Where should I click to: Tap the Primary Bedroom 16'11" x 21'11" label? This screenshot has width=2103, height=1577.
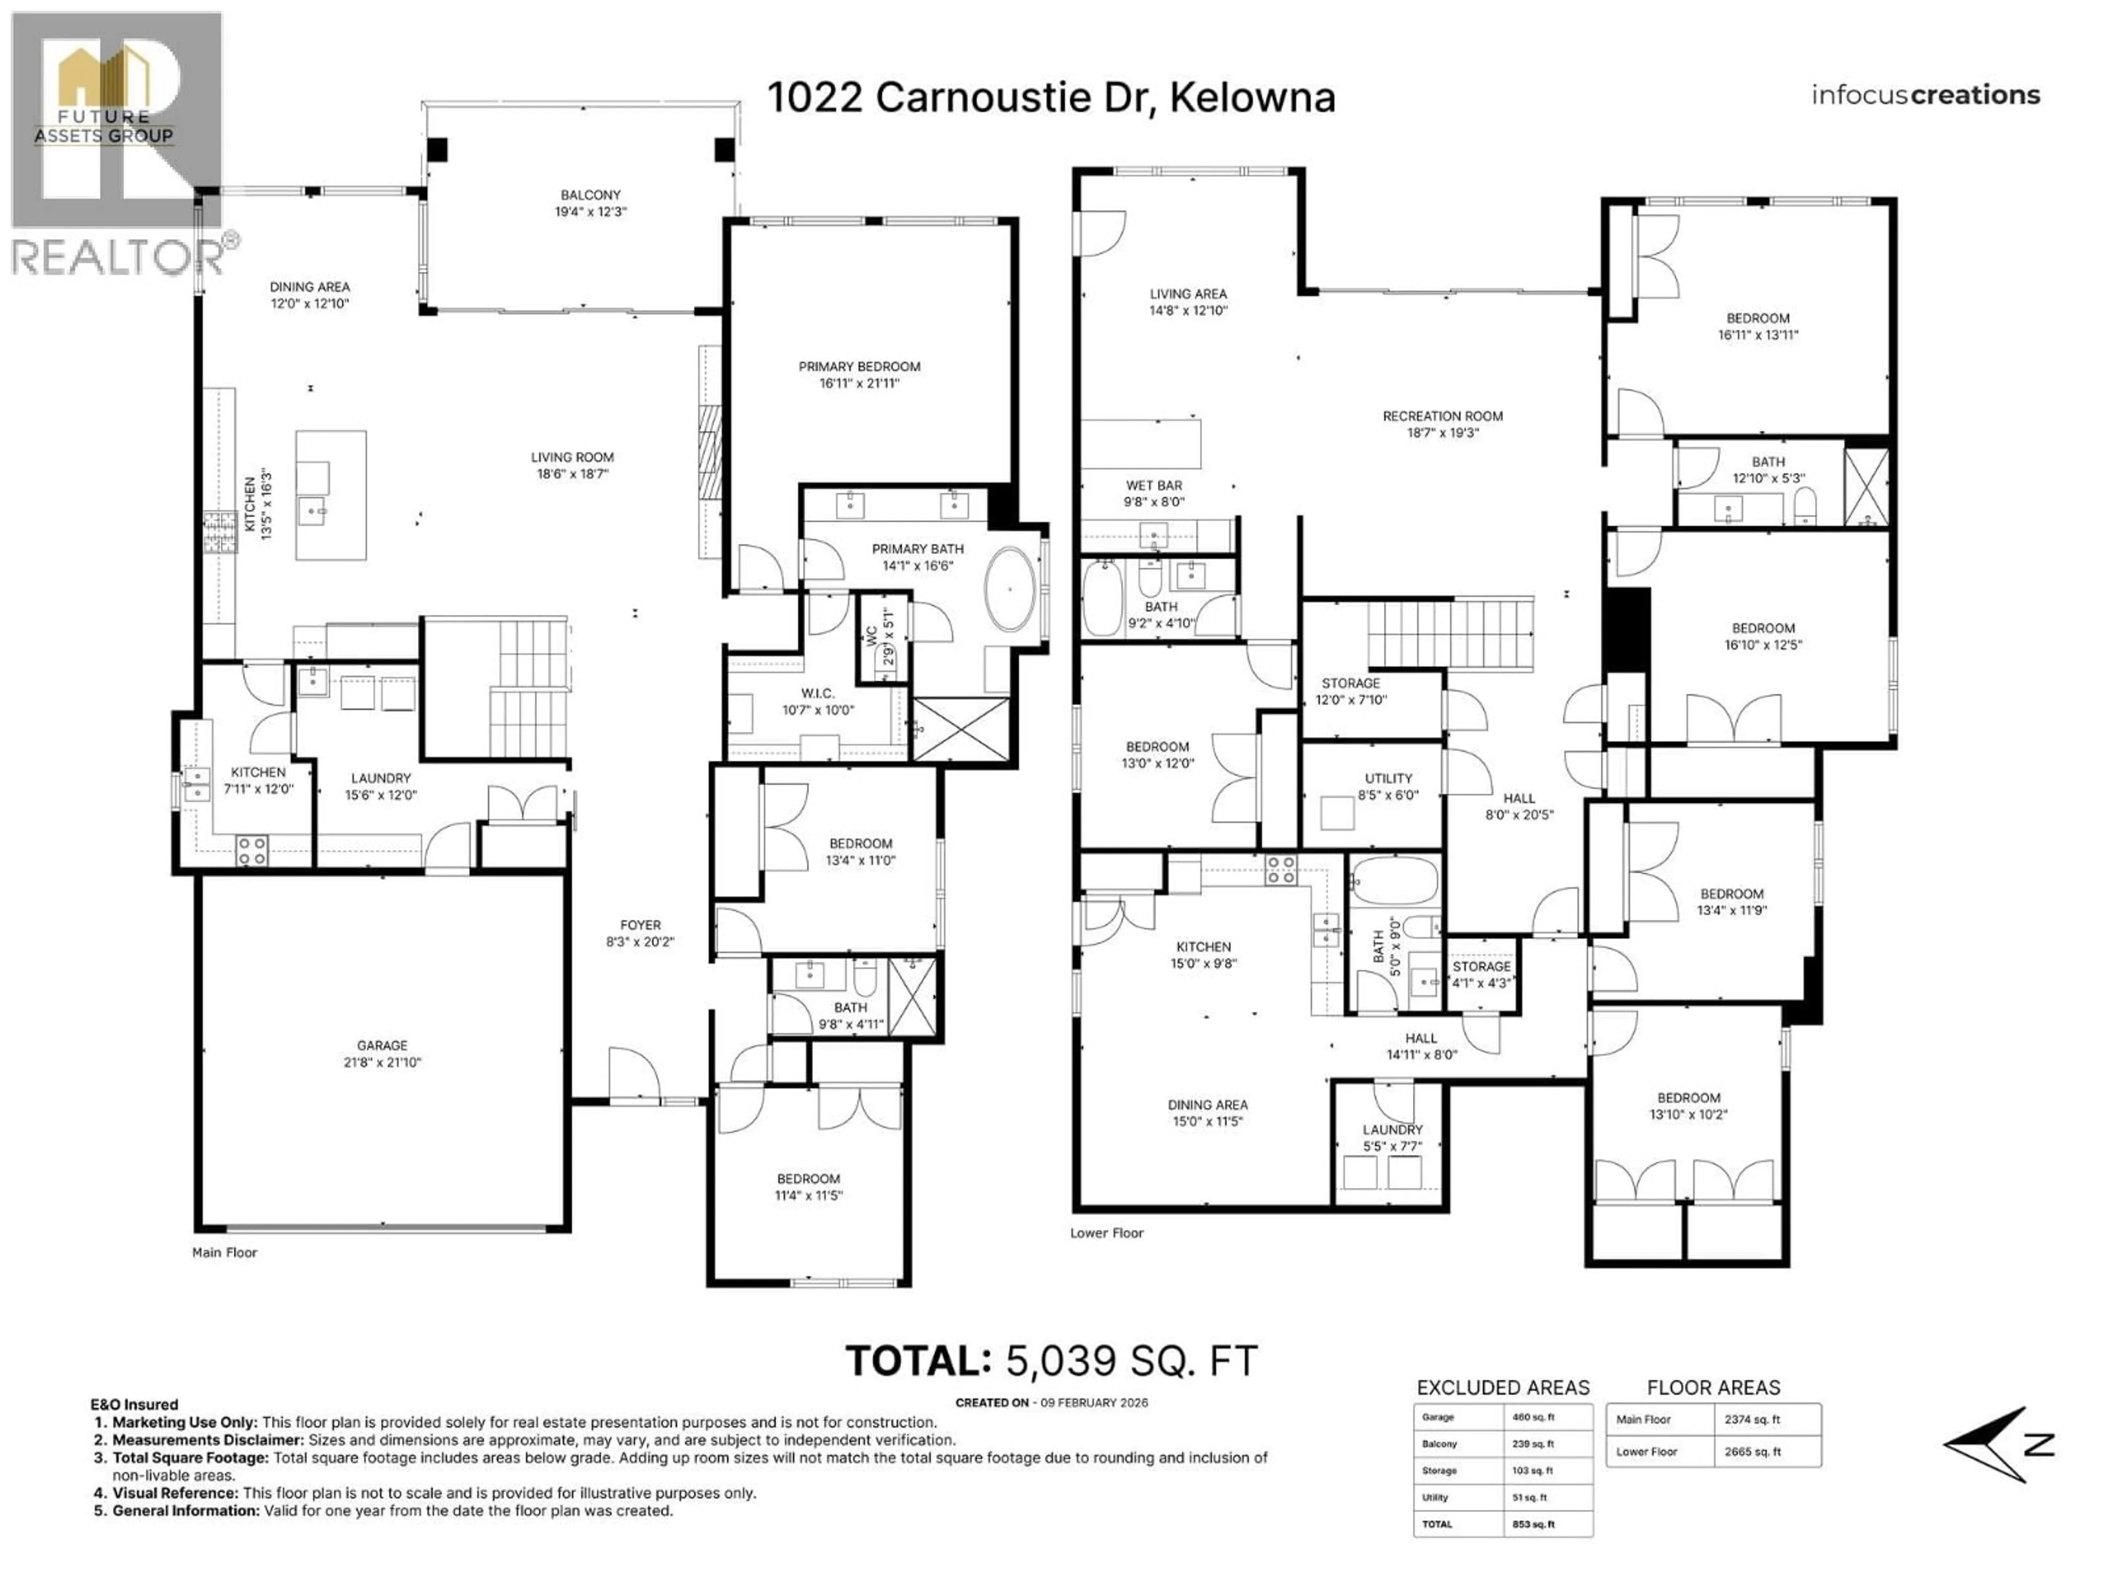pos(859,375)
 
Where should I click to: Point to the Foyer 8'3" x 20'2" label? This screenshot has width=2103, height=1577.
pos(640,933)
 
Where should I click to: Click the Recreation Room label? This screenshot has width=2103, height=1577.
pos(1441,424)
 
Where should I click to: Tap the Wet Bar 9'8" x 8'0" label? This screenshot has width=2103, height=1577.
pos(1153,492)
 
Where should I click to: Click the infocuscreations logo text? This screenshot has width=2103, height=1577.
pos(1924,95)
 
